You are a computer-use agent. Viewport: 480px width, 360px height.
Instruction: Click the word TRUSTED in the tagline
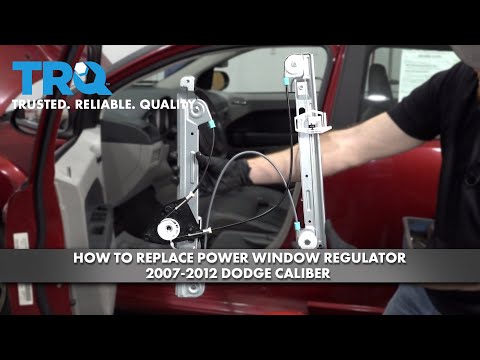point(41,104)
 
